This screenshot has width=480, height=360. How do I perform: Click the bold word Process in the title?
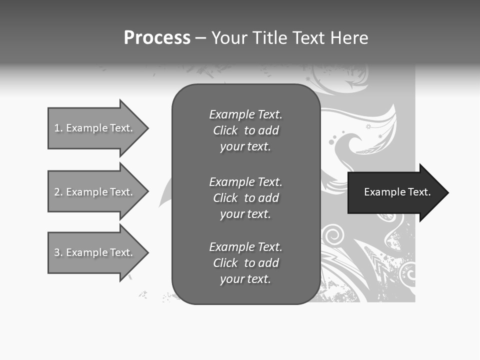coord(157,37)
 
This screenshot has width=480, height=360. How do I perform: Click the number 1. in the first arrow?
coord(58,128)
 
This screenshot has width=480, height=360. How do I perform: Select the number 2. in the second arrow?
coord(58,192)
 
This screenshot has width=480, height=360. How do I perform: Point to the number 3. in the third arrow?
coord(58,252)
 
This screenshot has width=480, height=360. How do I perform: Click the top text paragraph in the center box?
coord(245,130)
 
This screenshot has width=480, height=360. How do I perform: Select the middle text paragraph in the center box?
coord(245,198)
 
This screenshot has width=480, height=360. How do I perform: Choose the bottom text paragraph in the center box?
coord(245,263)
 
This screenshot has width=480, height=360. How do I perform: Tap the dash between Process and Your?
coord(200,38)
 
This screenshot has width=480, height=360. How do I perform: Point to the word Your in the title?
coord(229,37)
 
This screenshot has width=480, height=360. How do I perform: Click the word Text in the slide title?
coord(308,37)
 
